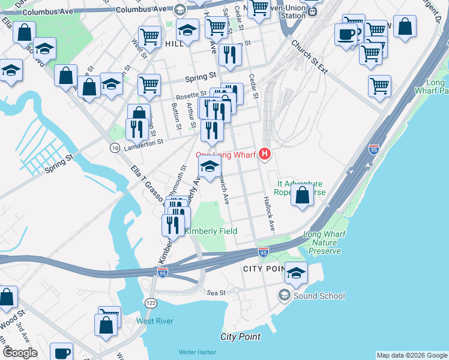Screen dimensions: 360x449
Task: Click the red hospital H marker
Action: coord(265,155)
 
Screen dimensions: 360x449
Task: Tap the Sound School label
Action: coord(319,296)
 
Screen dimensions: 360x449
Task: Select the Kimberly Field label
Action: coord(211,231)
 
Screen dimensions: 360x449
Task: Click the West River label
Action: coord(155,321)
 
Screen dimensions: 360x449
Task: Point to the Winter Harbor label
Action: coord(196,352)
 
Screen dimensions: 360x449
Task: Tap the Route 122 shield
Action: coord(150,303)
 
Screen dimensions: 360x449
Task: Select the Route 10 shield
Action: coord(114,148)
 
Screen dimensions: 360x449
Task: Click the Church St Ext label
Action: coord(309,58)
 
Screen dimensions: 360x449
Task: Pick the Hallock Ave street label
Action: coord(268,214)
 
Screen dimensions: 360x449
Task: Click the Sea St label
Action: coord(215,293)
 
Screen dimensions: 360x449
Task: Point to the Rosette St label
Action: coord(191,95)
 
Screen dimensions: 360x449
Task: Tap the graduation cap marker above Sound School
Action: coord(296,273)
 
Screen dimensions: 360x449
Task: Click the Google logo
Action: coord(19,352)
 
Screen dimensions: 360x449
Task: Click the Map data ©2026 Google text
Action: coord(411,355)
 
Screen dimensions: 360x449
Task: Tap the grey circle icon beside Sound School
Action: coord(284,295)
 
